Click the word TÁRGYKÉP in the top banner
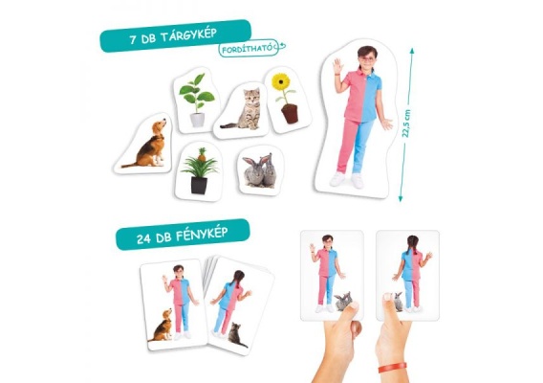[188, 35]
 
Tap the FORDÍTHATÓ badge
[250, 48]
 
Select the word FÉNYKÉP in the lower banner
[202, 235]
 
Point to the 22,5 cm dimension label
[406, 124]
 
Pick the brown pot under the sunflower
[290, 113]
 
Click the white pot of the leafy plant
[197, 120]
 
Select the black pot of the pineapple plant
[199, 185]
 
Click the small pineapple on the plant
[202, 155]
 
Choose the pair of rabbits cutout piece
[260, 171]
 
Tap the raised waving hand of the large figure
[337, 66]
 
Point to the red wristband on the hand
[392, 367]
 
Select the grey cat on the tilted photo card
[236, 335]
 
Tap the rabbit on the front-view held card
[343, 301]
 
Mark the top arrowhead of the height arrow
[412, 52]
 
